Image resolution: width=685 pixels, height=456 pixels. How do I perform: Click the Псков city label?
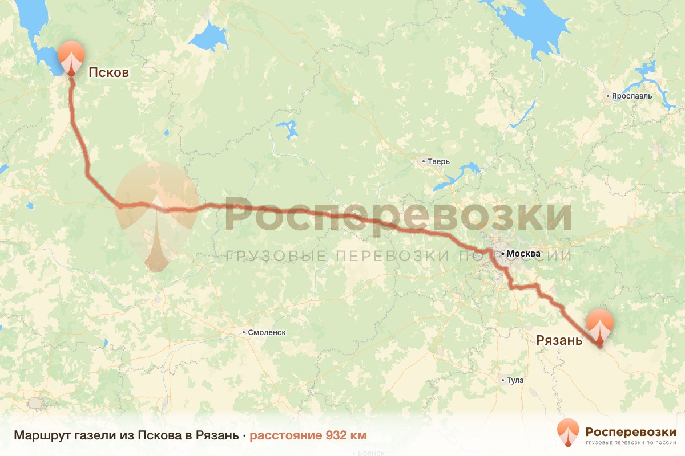coord(108,72)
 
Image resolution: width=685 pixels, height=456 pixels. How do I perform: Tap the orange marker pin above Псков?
coord(71,58)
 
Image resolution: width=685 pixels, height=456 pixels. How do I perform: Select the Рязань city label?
coord(559,340)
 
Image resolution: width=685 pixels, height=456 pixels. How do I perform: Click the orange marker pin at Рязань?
coord(600,327)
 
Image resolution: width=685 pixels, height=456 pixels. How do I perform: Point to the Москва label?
coord(523,253)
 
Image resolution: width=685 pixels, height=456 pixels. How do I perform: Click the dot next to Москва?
coord(502,253)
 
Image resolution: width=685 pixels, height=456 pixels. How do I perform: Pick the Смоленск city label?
coord(267,332)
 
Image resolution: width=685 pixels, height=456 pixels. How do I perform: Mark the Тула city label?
coord(514,380)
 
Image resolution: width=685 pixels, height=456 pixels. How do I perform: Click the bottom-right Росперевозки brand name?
coord(630,431)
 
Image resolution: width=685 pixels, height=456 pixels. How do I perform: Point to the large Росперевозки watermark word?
coord(398,214)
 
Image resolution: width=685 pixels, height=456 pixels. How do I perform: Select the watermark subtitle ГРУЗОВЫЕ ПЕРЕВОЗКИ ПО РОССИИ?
coord(398,256)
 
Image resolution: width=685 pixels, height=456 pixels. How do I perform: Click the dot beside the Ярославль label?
coord(609,96)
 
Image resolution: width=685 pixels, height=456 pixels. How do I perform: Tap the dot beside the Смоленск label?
coord(244,332)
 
